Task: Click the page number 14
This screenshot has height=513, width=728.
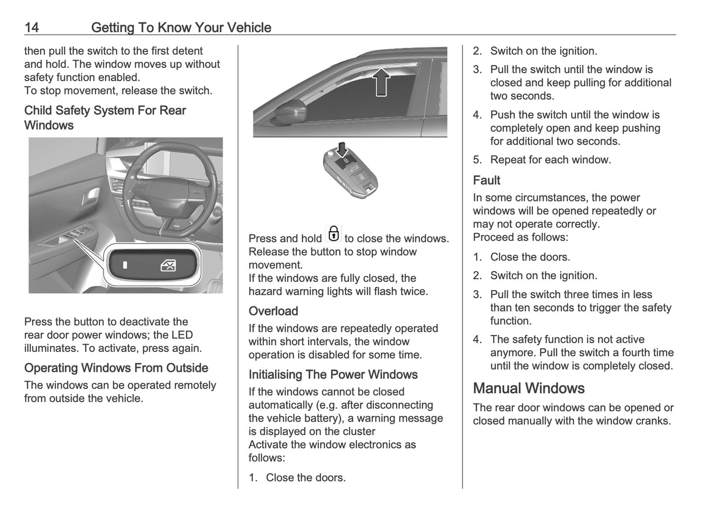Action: pos(31,28)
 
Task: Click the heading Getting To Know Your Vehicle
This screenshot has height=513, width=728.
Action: pos(181,28)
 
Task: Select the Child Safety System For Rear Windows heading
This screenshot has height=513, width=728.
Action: pos(105,118)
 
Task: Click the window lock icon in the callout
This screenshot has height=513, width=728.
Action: pos(168,265)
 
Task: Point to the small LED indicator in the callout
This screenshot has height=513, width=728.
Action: pos(125,265)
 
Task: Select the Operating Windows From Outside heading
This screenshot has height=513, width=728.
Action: pos(116,368)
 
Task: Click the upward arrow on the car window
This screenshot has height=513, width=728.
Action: pos(381,82)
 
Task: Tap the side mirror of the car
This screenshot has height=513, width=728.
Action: pos(289,112)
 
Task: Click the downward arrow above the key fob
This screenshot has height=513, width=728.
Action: pos(342,149)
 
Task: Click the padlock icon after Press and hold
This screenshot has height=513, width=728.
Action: pos(333,234)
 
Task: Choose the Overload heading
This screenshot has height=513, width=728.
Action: pos(273,311)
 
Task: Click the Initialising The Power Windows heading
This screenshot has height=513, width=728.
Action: pos(333,374)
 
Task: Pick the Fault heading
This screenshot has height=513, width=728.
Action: pos(486,180)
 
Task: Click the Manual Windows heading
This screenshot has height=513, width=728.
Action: pos(528,388)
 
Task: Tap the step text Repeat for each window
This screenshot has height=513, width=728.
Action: pos(550,160)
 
